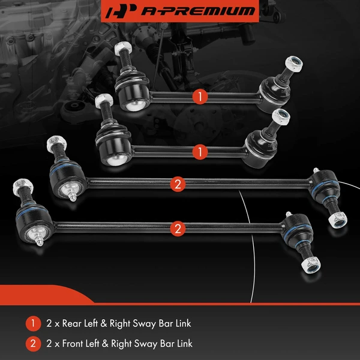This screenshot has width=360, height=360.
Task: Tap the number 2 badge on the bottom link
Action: (178, 228)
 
